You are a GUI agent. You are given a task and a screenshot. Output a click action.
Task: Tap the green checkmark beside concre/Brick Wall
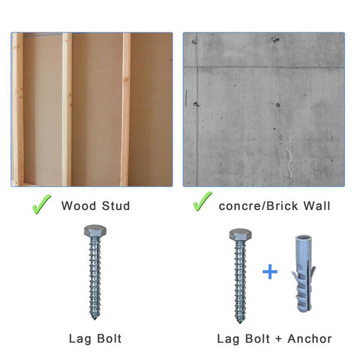(x=202, y=202)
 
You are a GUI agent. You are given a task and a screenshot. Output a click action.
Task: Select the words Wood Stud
(x=95, y=205)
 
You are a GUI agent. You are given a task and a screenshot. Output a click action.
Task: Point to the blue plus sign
(x=269, y=271)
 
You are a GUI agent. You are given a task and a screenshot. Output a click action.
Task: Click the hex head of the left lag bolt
(x=95, y=233)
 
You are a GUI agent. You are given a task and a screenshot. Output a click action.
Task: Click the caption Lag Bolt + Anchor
(x=274, y=339)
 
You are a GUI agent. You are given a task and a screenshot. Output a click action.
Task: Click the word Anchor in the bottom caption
(x=311, y=339)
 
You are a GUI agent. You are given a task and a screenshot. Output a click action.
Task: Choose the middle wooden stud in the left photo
(x=67, y=109)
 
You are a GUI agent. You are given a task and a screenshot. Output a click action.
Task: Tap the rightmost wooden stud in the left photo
(x=125, y=109)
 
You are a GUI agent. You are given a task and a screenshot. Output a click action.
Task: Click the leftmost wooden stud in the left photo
(x=18, y=109)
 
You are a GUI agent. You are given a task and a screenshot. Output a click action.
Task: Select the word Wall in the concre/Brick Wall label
(x=317, y=205)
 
